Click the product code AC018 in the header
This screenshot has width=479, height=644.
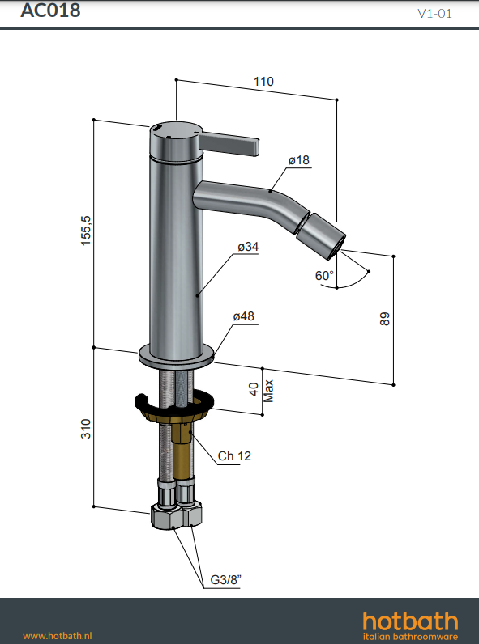[x=50, y=11]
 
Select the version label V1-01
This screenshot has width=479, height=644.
[x=434, y=14]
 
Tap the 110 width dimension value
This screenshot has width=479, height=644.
[x=263, y=82]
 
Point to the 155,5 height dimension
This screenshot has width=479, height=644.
[x=86, y=231]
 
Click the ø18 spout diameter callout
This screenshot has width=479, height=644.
[x=299, y=159]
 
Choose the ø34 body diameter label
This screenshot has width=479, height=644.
[x=248, y=247]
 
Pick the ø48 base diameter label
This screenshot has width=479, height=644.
[x=244, y=316]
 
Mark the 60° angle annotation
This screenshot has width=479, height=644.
[x=324, y=275]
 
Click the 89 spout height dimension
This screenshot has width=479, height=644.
[x=384, y=319]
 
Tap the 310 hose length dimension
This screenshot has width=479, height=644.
[x=86, y=429]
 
